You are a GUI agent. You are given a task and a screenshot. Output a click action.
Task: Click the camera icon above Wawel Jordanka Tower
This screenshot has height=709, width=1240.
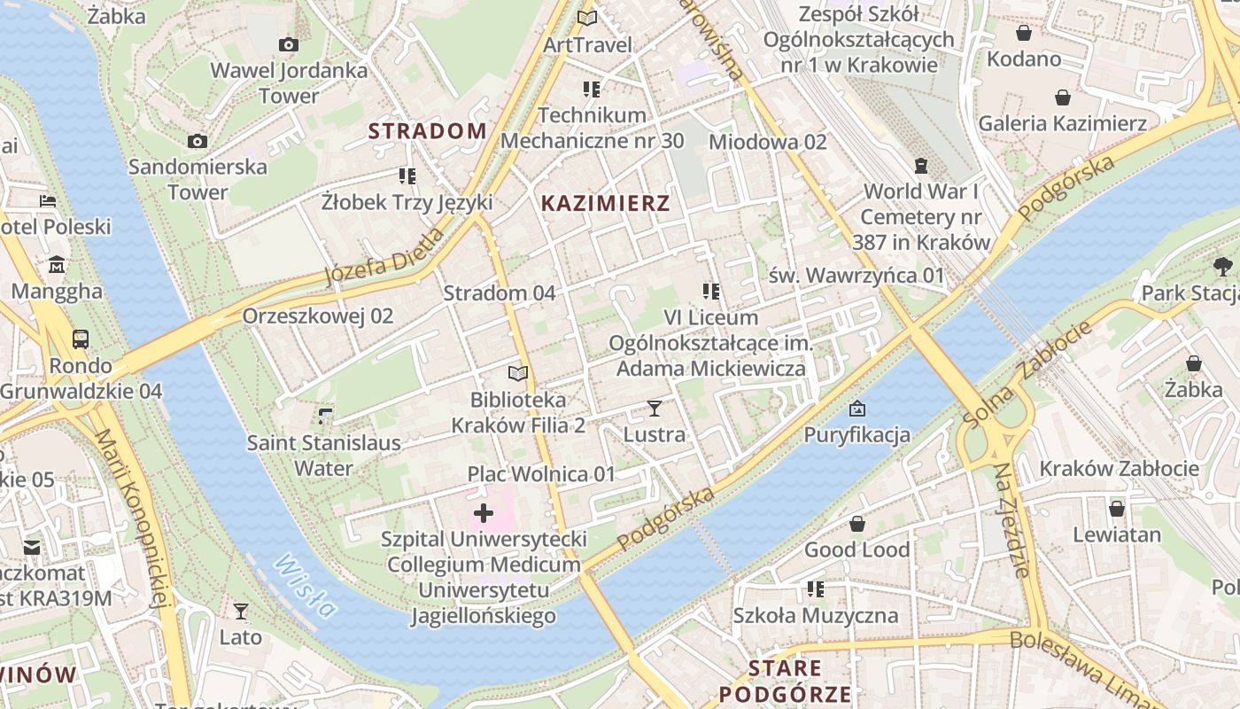pos(288,44)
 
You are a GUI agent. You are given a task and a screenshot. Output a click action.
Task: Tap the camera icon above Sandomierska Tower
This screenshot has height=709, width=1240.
pos(198,141)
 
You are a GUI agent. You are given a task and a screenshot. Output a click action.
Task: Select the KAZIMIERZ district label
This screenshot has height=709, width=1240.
pos(605,203)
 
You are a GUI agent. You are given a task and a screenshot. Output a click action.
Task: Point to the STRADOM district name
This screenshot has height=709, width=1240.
pos(427,131)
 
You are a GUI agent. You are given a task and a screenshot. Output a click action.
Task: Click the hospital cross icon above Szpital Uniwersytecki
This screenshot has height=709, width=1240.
pos(484,513)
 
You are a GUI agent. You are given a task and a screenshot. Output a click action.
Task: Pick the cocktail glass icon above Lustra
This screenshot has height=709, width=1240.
pos(655,409)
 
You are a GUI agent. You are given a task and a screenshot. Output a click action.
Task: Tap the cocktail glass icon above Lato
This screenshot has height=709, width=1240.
pos(240,612)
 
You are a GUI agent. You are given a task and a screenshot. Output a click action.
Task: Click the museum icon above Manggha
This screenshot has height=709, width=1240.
pos(58,265)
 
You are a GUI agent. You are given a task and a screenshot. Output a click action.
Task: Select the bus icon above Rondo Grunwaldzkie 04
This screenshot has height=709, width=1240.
pos(81,339)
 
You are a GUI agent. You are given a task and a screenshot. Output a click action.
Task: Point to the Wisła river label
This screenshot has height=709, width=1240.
pos(306,586)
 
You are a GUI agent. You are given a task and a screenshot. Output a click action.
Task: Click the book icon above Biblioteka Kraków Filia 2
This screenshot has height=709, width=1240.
pos(518,374)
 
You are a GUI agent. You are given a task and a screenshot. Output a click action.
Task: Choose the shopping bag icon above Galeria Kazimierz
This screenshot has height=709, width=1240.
pos(1062,97)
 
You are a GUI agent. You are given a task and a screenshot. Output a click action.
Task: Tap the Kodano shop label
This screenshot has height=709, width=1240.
pos(1024,58)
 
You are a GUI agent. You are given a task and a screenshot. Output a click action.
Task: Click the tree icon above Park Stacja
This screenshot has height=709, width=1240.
pos(1223,266)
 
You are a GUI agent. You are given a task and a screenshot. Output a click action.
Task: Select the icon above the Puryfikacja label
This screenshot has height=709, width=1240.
pos(856,409)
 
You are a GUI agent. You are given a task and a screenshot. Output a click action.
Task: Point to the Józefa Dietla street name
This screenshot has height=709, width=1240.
pos(384,257)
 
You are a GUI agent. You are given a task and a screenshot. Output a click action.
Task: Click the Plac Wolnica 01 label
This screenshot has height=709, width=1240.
pos(541,474)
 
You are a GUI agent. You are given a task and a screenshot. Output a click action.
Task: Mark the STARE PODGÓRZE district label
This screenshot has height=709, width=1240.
pos(785,681)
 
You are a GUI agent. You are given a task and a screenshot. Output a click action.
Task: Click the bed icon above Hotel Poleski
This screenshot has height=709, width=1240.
pos(48,201)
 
